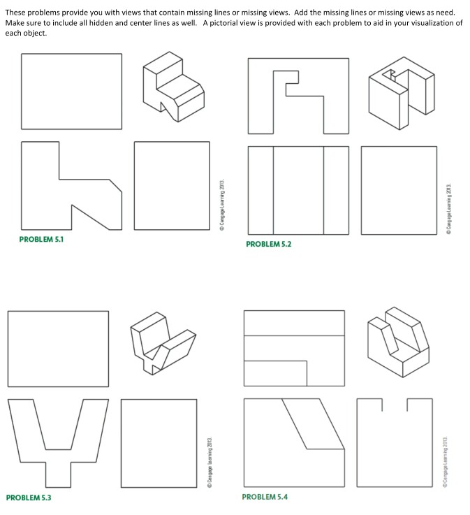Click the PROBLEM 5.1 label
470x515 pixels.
coord(41,239)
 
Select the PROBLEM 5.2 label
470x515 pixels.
coord(268,244)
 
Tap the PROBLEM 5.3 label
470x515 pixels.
coord(29,498)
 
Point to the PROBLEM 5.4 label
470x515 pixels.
coord(265,497)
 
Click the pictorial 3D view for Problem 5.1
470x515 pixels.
coord(173,87)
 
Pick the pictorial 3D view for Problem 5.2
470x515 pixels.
coord(402,93)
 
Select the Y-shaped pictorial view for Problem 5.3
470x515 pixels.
coord(163,343)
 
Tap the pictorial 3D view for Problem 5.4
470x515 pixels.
coord(398,342)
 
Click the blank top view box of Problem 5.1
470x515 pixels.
coord(71,92)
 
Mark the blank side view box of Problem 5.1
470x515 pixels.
coord(172,186)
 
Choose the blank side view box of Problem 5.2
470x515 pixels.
coord(399,191)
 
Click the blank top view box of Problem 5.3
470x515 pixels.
coord(58,349)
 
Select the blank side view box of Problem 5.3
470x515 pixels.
coord(159,443)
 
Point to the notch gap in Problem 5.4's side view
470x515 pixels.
coord(395,405)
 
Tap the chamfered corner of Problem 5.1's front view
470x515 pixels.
coord(115,186)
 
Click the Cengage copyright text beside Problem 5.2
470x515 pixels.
coord(448,208)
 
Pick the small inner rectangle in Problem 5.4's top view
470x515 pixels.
coord(275,373)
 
